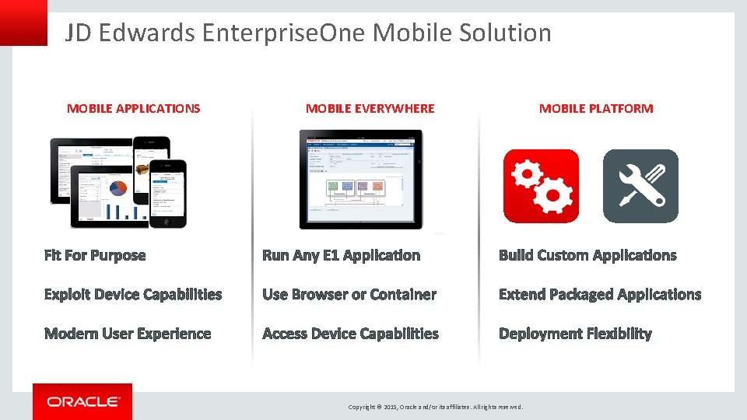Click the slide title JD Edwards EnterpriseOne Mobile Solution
pyautogui.click(x=308, y=33)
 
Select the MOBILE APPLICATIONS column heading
pyautogui.click(x=133, y=109)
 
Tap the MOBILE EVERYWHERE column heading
pyautogui.click(x=370, y=109)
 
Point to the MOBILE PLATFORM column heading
pyautogui.click(x=596, y=109)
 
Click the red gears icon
pyautogui.click(x=541, y=186)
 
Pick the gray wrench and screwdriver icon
pyautogui.click(x=640, y=186)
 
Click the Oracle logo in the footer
pyautogui.click(x=82, y=401)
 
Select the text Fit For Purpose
pyautogui.click(x=95, y=255)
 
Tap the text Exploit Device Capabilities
pyautogui.click(x=133, y=295)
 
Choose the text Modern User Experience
pyautogui.click(x=128, y=334)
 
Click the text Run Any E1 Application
pyautogui.click(x=341, y=255)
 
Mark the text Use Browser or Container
pyautogui.click(x=349, y=295)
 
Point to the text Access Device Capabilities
pyautogui.click(x=350, y=334)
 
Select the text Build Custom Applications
pyautogui.click(x=587, y=255)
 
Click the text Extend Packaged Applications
pyautogui.click(x=600, y=295)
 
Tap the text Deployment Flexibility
pyautogui.click(x=575, y=334)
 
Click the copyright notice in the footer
pyautogui.click(x=436, y=407)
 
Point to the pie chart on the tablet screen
pyautogui.click(x=118, y=188)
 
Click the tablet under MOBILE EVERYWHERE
pyautogui.click(x=361, y=179)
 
